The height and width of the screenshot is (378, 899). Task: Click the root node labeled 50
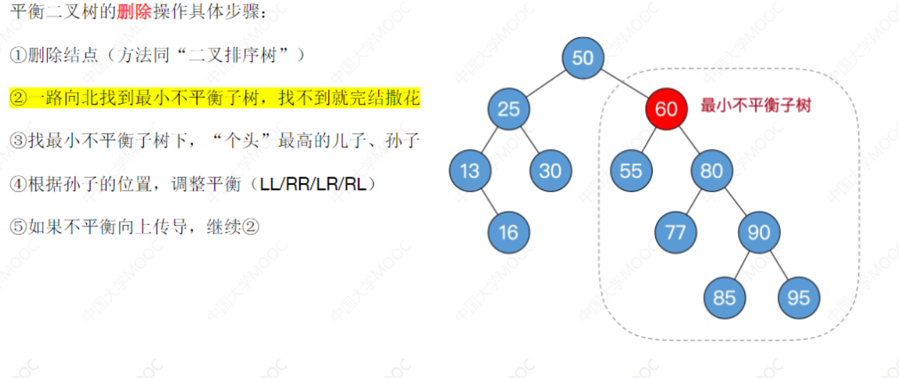tap(583, 58)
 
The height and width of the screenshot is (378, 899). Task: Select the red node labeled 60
tap(666, 109)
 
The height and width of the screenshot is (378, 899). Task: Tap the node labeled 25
tap(509, 109)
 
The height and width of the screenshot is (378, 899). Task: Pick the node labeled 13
tap(469, 171)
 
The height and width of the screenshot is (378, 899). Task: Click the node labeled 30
tap(550, 171)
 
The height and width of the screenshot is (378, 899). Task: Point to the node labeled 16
tap(509, 232)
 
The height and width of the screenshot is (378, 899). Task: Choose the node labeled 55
tap(631, 171)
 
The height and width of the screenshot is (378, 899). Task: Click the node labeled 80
tap(711, 171)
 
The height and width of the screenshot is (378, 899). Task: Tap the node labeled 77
tap(675, 232)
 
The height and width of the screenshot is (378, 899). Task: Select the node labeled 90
tap(759, 232)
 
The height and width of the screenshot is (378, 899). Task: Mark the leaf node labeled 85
tap(724, 297)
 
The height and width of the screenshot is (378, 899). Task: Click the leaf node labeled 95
tap(799, 297)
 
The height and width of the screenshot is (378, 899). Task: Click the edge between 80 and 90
tap(735, 201)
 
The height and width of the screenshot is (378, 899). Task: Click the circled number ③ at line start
tap(18, 141)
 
